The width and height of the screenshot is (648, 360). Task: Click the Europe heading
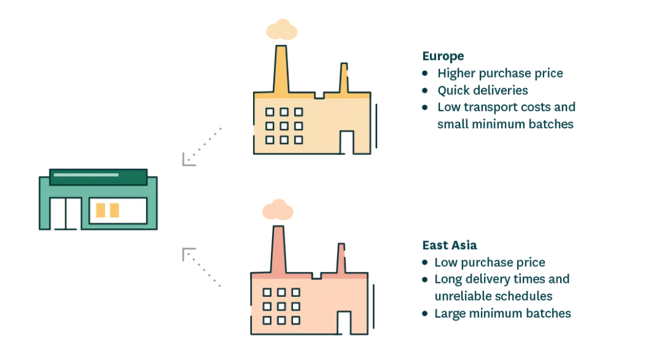443,56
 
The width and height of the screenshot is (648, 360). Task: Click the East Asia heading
449,245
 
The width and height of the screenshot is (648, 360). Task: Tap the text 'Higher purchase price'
500,73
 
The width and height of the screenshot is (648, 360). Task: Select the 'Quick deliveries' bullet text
483,90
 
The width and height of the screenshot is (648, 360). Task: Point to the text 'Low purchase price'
490,263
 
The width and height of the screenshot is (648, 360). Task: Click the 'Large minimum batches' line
502,313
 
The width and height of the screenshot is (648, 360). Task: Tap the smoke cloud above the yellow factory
282,29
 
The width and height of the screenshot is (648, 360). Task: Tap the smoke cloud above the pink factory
278,209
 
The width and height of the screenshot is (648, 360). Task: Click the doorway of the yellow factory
347,142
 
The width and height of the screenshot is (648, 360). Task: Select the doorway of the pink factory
344,323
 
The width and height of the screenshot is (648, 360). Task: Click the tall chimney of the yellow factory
280,70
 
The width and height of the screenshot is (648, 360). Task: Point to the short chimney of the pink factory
341,258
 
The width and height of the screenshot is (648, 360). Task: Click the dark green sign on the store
98,177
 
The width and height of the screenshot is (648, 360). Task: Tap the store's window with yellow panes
118,211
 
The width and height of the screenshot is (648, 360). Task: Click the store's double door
65,213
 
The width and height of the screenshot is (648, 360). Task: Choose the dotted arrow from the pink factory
201,267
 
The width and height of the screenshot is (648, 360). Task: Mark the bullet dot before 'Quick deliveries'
425,90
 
